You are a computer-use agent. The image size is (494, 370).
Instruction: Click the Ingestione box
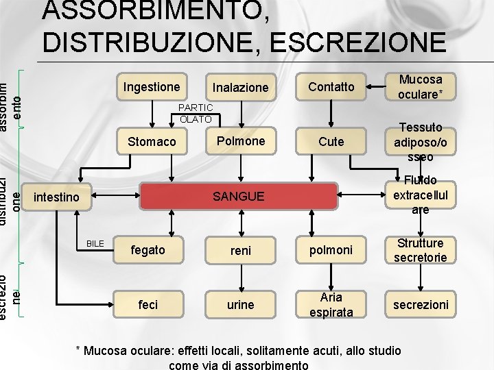152,87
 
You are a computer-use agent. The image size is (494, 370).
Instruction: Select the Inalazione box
240,87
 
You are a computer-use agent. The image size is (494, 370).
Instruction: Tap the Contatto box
331,87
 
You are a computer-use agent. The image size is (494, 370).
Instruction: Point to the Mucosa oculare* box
421,87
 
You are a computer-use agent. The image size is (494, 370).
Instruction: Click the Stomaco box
152,142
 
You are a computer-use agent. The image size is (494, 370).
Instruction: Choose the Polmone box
240,141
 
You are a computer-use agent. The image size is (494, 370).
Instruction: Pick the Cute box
331,141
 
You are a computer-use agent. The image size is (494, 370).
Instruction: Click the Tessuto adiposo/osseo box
421,142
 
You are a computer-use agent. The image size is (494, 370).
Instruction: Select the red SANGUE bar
238,197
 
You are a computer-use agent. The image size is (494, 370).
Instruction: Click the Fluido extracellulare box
421,195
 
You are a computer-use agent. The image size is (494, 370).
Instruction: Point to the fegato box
148,250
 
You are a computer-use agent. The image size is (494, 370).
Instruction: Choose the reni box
240,251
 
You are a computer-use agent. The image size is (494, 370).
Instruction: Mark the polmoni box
331,250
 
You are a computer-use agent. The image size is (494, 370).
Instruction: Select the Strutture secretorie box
421,250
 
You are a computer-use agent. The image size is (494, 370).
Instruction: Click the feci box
148,304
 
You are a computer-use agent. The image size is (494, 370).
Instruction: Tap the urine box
240,304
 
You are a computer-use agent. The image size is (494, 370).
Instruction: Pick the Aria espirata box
331,304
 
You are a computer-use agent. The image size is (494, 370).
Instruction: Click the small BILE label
95,243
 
